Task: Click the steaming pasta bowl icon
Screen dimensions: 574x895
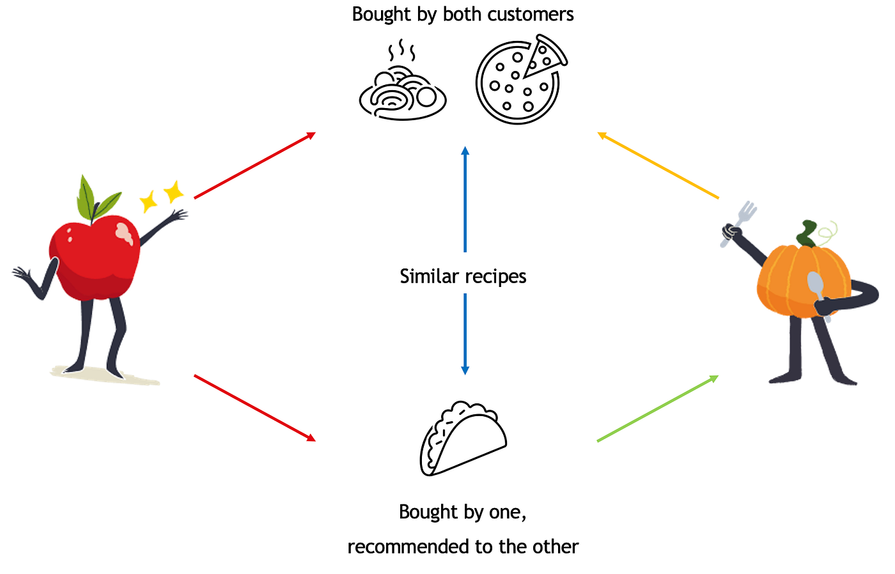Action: click(x=402, y=93)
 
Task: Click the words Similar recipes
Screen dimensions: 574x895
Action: click(x=463, y=276)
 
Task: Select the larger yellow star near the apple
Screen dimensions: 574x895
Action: click(x=173, y=191)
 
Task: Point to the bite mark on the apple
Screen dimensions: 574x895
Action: click(x=125, y=233)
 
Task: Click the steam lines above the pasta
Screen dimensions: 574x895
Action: click(x=401, y=50)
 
